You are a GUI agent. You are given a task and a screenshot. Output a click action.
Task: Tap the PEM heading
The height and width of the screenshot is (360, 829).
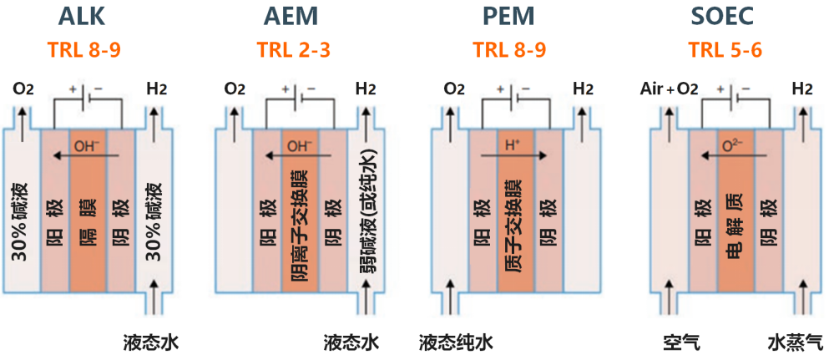(x=508, y=18)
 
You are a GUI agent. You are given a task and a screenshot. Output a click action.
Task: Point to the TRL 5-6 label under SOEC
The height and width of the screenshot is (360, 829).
(x=725, y=49)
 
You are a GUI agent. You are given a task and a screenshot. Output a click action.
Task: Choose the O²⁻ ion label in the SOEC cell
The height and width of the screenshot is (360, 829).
(x=733, y=146)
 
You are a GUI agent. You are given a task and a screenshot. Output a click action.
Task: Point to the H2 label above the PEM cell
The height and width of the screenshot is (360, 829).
(x=583, y=89)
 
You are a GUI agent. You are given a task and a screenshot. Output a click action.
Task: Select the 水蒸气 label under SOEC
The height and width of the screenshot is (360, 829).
(x=795, y=342)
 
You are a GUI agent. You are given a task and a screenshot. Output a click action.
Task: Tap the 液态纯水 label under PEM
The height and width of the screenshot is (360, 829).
(x=456, y=342)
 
